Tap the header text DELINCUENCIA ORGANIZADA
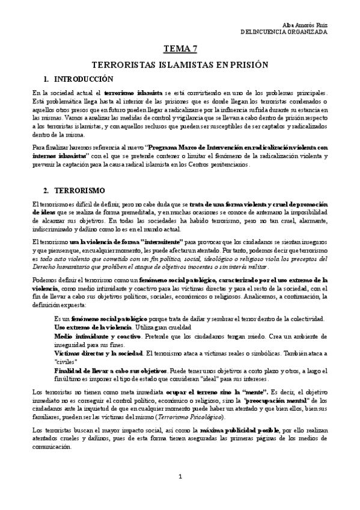284,32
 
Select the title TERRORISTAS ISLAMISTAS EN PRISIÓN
178,64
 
